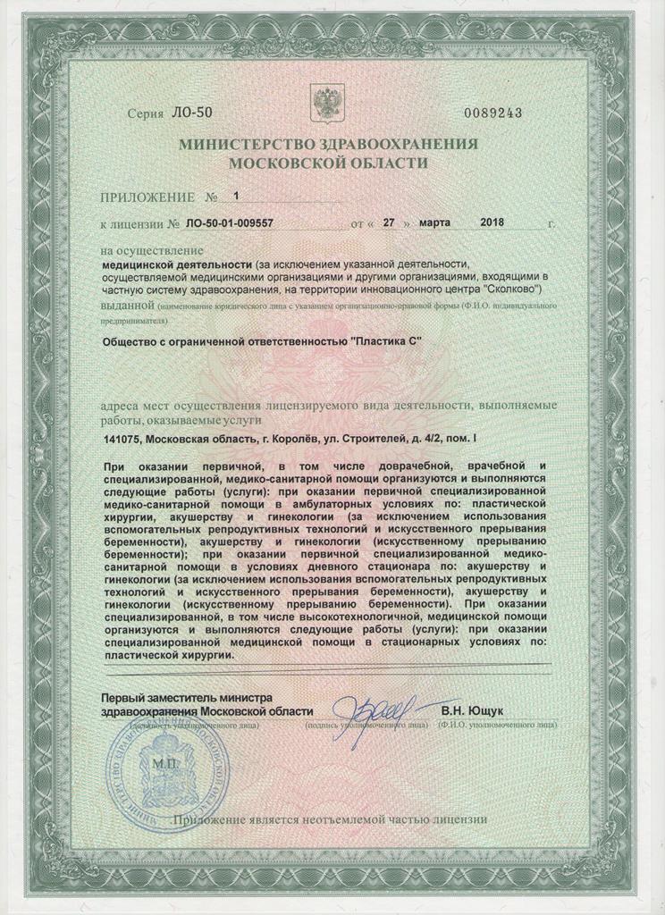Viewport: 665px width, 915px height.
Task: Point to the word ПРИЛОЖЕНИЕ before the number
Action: [x=147, y=195]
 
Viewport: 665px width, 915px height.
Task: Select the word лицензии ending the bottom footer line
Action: [x=458, y=818]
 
